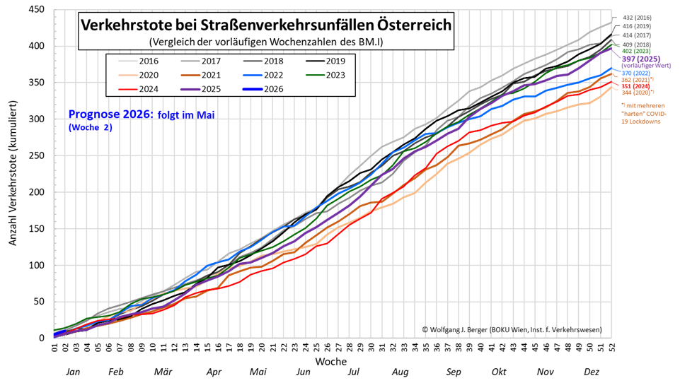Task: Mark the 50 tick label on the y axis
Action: pos(40,302)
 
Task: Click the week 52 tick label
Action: pos(611,348)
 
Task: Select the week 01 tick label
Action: pos(55,348)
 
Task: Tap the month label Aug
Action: pos(400,372)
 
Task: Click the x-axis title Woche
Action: pos(332,361)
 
